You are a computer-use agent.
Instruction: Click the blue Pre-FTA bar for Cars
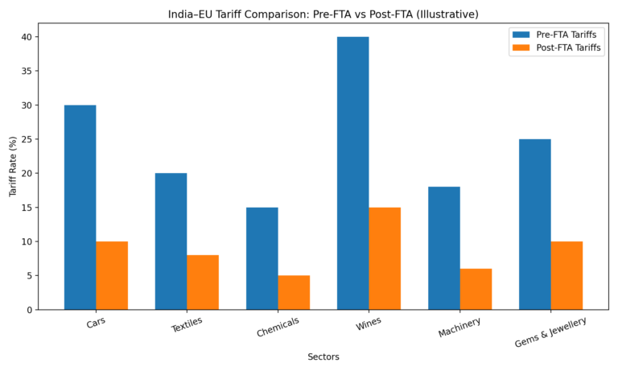(x=80, y=207)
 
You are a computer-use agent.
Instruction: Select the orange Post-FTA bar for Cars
(x=112, y=275)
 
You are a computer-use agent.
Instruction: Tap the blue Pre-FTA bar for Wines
(x=352, y=173)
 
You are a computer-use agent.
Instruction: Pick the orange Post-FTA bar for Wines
(x=385, y=258)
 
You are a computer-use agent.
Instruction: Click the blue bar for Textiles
(x=171, y=241)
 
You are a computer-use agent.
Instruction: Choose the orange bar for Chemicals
(x=294, y=292)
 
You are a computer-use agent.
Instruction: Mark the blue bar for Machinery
(x=443, y=248)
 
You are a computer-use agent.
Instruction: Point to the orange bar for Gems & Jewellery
(x=566, y=275)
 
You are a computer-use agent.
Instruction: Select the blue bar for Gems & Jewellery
(x=534, y=224)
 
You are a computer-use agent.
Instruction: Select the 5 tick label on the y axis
(x=29, y=275)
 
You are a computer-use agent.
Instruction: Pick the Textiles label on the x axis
(x=186, y=326)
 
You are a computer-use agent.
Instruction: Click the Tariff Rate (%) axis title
(x=13, y=166)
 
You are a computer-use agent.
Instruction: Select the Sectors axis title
(x=323, y=357)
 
